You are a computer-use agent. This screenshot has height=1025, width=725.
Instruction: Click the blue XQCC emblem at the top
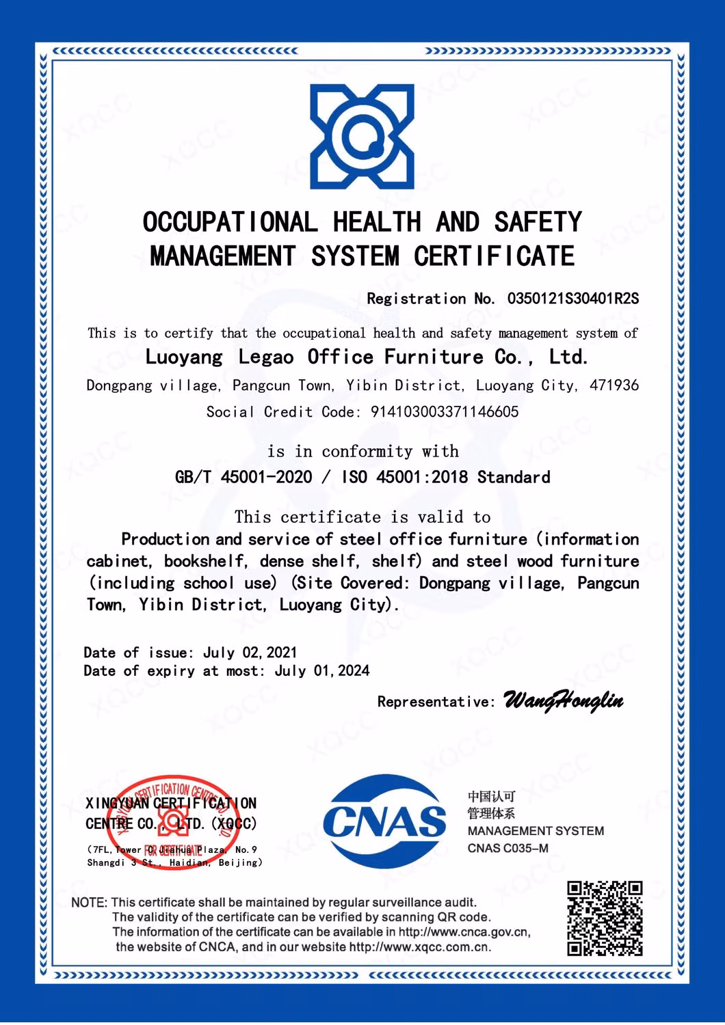pyautogui.click(x=362, y=137)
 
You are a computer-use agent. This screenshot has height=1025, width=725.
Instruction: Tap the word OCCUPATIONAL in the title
pyautogui.click(x=230, y=222)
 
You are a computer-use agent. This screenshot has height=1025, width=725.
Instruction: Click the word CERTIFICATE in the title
pyautogui.click(x=494, y=256)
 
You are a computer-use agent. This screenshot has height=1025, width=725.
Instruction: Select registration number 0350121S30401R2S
pyautogui.click(x=573, y=299)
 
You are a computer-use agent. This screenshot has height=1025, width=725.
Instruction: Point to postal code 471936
pyautogui.click(x=614, y=385)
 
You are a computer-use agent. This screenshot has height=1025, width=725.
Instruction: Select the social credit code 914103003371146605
pyautogui.click(x=445, y=412)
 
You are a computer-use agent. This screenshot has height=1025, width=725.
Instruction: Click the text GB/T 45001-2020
pyautogui.click(x=243, y=477)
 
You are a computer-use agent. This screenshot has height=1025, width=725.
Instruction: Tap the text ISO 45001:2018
pyautogui.click(x=404, y=477)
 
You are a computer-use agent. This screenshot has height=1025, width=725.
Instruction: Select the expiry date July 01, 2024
pyautogui.click(x=322, y=671)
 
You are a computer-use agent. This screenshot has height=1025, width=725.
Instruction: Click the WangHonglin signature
pyautogui.click(x=563, y=701)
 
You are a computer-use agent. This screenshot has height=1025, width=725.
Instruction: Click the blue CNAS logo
pyautogui.click(x=384, y=821)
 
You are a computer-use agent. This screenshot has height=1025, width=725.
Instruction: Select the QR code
pyautogui.click(x=605, y=918)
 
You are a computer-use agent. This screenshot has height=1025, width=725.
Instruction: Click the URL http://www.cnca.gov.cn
pyautogui.click(x=464, y=932)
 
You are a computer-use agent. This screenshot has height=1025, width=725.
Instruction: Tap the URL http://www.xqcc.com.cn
pyautogui.click(x=419, y=947)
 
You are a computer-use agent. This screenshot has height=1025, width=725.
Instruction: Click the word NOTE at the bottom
pyautogui.click(x=88, y=903)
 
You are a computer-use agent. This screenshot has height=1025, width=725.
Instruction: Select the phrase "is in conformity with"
pyautogui.click(x=362, y=452)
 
